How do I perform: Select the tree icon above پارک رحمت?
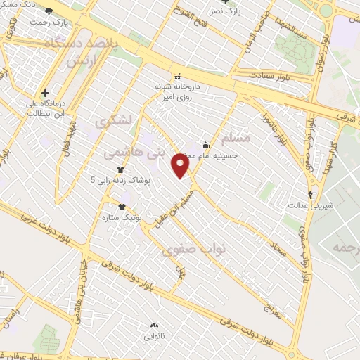[x=49, y=11]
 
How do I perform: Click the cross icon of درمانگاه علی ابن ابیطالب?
[x=46, y=93]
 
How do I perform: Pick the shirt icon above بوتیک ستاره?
[x=122, y=207]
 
